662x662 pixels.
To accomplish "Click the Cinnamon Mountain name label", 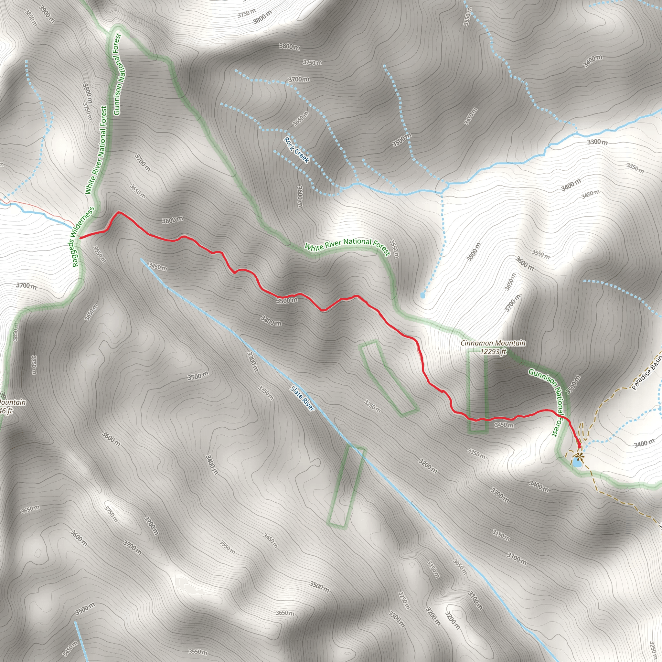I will click(x=493, y=343).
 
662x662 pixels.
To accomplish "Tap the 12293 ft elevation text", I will click(x=493, y=352).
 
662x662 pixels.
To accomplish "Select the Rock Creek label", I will click(x=296, y=150).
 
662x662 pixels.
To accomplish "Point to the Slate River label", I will click(x=302, y=399).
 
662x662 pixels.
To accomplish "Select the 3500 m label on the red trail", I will click(x=287, y=301).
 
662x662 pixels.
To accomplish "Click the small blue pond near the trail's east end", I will click(x=576, y=463).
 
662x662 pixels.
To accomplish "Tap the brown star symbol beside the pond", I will click(x=579, y=456).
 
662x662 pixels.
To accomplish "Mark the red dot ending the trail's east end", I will click(x=579, y=446).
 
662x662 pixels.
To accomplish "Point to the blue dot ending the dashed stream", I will click(x=422, y=295).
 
